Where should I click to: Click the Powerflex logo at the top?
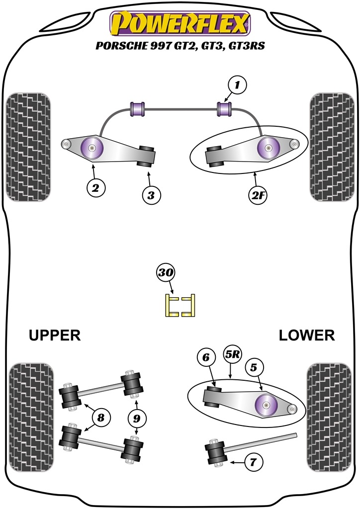pos(180,23)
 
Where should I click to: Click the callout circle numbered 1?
pos(238,85)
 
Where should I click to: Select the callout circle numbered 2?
pos(95,187)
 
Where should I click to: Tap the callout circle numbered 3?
pos(151,195)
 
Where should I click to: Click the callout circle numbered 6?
pos(206,356)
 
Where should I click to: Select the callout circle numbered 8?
pos(101,418)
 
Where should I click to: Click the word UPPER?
pos(55,336)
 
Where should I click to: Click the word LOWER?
pos(306,336)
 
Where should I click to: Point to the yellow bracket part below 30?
pos(180,305)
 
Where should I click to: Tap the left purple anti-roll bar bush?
pos(137,108)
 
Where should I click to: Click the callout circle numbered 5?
pos(254,368)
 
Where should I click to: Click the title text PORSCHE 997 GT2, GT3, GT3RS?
pos(180,46)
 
